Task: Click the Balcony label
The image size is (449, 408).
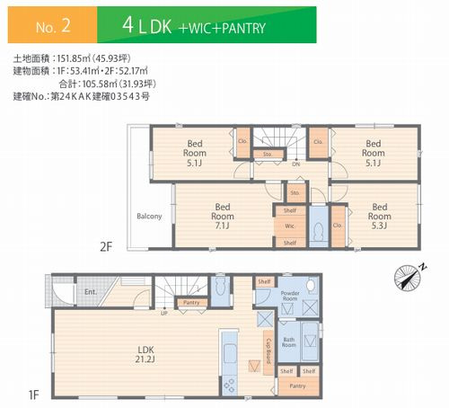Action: (x=149, y=216)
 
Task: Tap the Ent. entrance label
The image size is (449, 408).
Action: (x=92, y=292)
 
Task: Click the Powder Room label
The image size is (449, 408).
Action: (x=289, y=299)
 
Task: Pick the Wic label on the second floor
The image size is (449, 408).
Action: (x=290, y=226)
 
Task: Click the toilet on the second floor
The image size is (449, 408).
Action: (x=317, y=229)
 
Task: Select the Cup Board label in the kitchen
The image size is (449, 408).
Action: (x=268, y=346)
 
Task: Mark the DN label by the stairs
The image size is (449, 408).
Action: (x=296, y=164)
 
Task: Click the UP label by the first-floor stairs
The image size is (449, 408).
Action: (x=163, y=314)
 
